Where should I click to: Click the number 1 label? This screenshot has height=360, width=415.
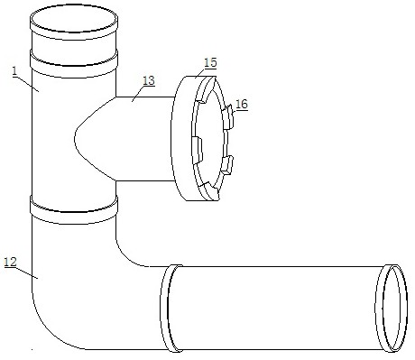(x=15, y=71)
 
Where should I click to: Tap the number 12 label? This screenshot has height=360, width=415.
(x=10, y=262)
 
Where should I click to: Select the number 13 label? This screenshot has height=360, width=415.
(x=149, y=80)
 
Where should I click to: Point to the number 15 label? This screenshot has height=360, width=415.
(x=210, y=62)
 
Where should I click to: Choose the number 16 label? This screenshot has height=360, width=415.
(x=242, y=105)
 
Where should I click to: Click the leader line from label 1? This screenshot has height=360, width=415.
(x=27, y=83)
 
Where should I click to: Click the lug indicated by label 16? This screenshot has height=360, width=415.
(x=228, y=116)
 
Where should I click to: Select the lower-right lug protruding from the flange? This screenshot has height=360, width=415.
(x=227, y=165)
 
